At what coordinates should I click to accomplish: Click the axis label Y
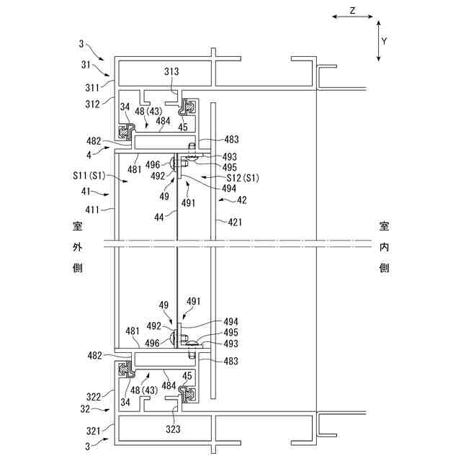coord(384,41)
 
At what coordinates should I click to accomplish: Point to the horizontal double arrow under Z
coord(352,22)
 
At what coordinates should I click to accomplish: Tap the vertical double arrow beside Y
coord(377,40)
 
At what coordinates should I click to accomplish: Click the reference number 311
coord(95,88)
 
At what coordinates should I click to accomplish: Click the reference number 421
coord(235,223)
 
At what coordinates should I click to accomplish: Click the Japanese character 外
coord(77,247)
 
